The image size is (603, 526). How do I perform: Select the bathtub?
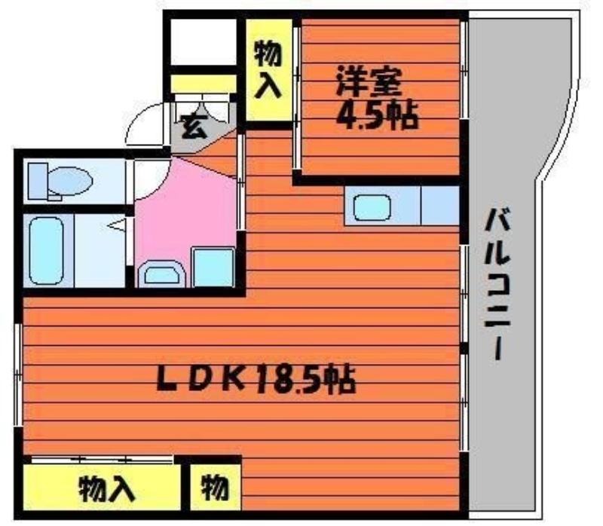pyautogui.click(x=47, y=250)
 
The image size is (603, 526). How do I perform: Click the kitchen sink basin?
pyautogui.click(x=372, y=208)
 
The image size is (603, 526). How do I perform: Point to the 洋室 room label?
pyautogui.click(x=369, y=82)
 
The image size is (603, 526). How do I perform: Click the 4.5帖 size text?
pyautogui.click(x=377, y=115)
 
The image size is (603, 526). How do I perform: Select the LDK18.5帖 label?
pyautogui.click(x=256, y=379)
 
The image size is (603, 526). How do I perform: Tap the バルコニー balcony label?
pyautogui.click(x=497, y=284)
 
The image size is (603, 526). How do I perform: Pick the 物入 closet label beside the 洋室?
pyautogui.click(x=268, y=70)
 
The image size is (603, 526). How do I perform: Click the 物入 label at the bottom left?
pyautogui.click(x=107, y=488)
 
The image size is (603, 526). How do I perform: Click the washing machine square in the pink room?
pyautogui.click(x=213, y=268)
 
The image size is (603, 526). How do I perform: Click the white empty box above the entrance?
pyautogui.click(x=203, y=42)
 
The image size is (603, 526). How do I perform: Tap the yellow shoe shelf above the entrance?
pyautogui.click(x=203, y=84)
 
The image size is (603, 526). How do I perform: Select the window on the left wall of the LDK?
pyautogui.click(x=17, y=375)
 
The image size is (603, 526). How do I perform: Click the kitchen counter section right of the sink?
pyautogui.click(x=440, y=205)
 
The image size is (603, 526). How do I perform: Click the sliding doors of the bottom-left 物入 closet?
pyautogui.click(x=102, y=459)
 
